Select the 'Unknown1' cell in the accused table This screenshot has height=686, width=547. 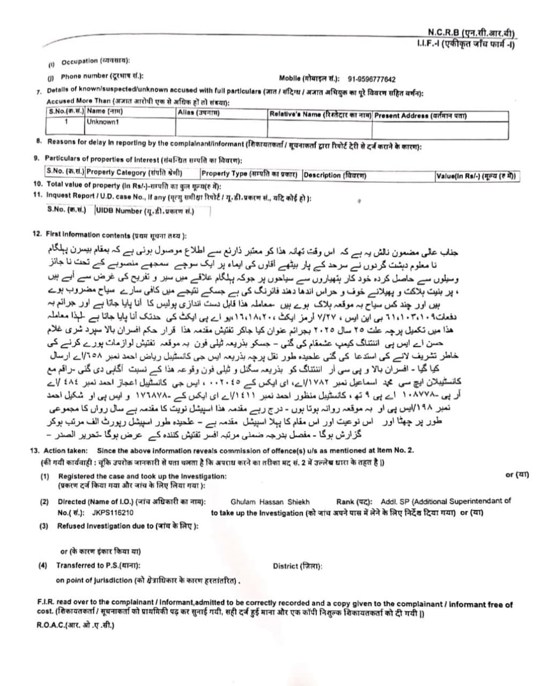coord(102,122)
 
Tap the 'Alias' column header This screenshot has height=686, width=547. coord(198,112)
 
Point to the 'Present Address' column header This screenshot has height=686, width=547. coord(420,115)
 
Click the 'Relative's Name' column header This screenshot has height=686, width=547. coord(320,114)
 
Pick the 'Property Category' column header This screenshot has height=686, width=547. coord(134,173)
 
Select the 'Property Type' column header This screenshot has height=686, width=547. coord(250,174)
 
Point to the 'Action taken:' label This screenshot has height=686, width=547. coord(66,451)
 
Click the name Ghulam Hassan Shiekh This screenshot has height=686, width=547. coord(270,502)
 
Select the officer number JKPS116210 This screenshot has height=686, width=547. coord(113,512)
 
